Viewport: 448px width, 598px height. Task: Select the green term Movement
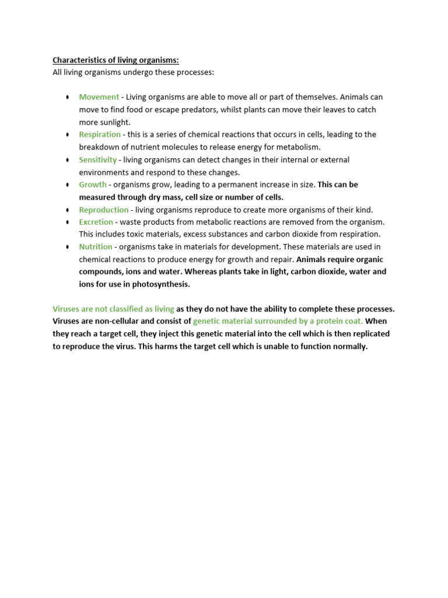99,97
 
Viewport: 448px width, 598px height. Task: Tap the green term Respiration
100,134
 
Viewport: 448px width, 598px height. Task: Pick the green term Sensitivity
98,159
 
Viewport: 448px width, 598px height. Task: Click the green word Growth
93,185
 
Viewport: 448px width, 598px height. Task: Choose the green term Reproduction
104,210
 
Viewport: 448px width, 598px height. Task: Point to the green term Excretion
96,222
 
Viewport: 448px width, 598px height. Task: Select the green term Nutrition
96,246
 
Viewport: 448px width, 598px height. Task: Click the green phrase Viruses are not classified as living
113,309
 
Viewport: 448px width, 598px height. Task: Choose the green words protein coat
341,321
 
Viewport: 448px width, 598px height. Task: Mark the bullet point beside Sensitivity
68,160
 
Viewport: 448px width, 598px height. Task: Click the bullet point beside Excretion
68,222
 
